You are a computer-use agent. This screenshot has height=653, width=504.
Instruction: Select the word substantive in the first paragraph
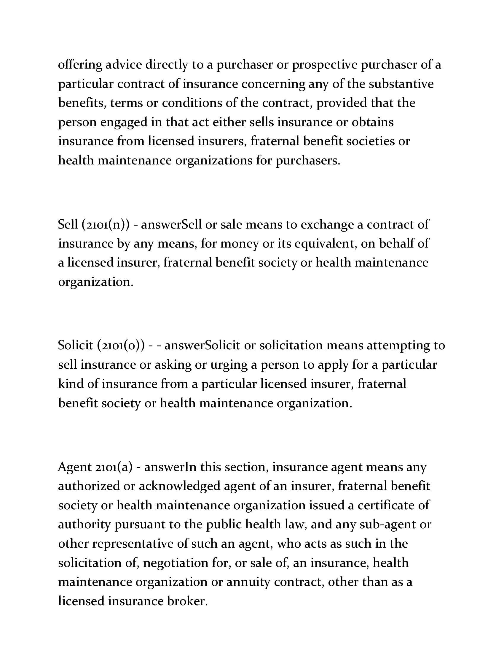click(401, 84)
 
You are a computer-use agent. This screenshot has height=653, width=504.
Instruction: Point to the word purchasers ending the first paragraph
click(307, 161)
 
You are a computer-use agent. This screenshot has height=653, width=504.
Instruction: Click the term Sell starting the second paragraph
click(68, 224)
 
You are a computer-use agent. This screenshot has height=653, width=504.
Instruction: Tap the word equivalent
click(326, 244)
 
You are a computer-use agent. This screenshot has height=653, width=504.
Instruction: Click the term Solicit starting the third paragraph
click(76, 345)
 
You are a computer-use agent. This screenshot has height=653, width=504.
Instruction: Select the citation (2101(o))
click(121, 346)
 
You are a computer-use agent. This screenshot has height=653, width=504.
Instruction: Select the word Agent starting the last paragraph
click(75, 467)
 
